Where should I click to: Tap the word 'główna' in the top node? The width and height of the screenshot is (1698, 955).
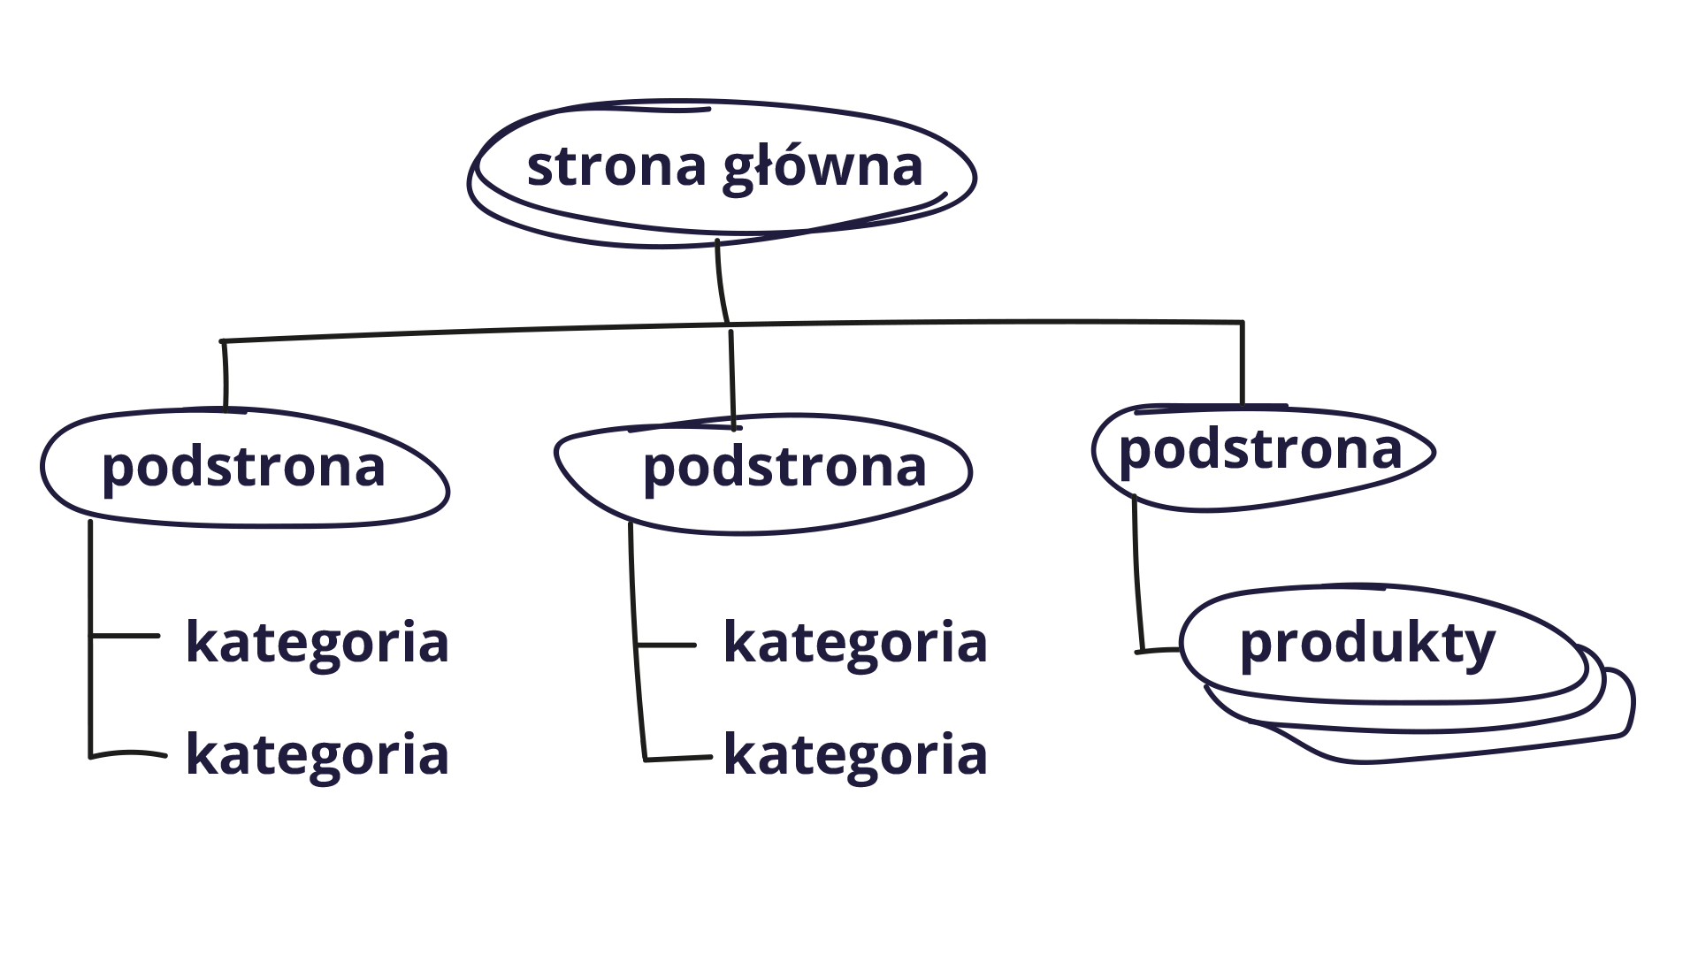822,168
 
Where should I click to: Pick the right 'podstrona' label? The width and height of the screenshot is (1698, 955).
1260,450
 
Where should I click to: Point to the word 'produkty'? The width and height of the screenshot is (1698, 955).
1367,645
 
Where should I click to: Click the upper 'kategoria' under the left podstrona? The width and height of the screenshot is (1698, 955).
317,643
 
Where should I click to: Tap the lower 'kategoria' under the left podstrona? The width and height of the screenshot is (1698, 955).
317,755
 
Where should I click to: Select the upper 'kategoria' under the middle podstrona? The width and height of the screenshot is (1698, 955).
855,643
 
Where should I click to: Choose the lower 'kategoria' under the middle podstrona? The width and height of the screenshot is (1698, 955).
855,755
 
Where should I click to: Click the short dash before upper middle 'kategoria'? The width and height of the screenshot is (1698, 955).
668,646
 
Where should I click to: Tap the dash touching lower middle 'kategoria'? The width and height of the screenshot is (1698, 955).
681,758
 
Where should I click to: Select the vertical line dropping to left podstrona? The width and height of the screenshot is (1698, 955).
226,375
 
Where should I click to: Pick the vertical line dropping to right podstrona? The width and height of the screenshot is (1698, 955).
1242,363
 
